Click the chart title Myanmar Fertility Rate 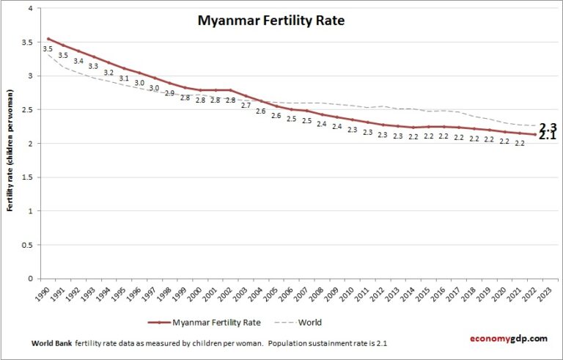(271, 21)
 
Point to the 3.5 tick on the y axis (26, 43)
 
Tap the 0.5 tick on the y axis (26, 245)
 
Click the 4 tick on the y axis (29, 9)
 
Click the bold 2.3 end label (548, 127)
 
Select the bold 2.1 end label (548, 136)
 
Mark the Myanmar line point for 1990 (48, 39)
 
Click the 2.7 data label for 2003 (246, 105)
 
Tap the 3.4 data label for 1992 (78, 61)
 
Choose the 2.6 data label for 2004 (260, 111)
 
